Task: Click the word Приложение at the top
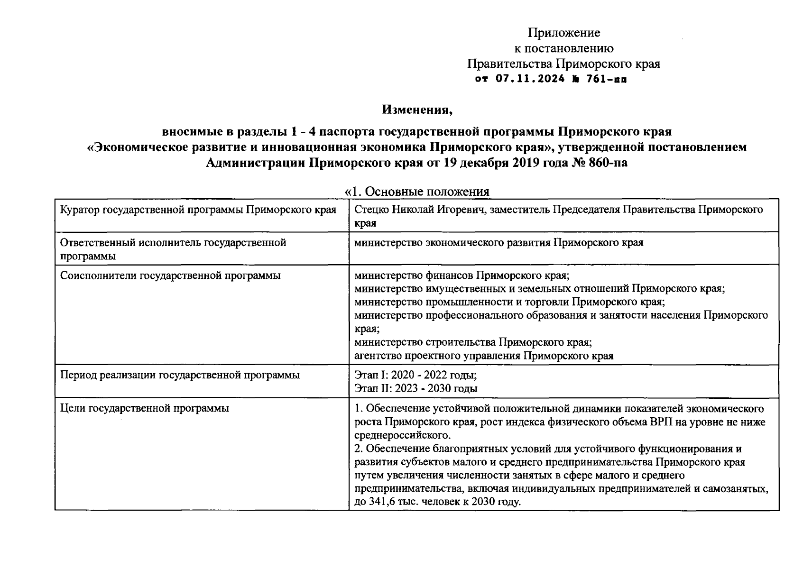tap(564, 33)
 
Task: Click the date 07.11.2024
tap(530, 79)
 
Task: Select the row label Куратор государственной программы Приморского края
tap(198, 210)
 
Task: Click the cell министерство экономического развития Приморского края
tap(498, 243)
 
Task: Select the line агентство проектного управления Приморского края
tap(484, 356)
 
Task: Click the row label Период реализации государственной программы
tap(180, 375)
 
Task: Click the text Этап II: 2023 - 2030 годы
tap(416, 388)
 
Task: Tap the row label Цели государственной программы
tap(145, 408)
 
